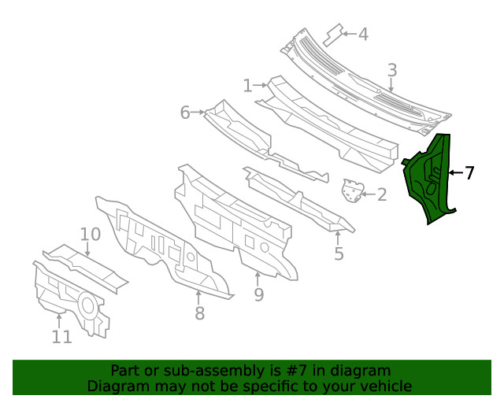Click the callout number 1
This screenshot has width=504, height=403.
point(247,85)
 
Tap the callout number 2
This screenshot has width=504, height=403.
point(381,194)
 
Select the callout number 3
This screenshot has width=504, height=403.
point(391,72)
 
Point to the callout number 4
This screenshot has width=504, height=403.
point(362,35)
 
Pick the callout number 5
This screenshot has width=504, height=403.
point(339,253)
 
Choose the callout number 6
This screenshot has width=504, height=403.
point(185,113)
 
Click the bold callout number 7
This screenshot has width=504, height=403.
point(469,172)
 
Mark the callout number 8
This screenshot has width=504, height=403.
point(199,313)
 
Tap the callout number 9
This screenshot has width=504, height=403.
point(258,295)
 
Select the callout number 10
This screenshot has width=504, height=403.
point(90,234)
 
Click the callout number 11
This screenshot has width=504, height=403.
point(61,337)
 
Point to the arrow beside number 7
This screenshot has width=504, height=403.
point(454,172)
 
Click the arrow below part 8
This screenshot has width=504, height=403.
point(198,297)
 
